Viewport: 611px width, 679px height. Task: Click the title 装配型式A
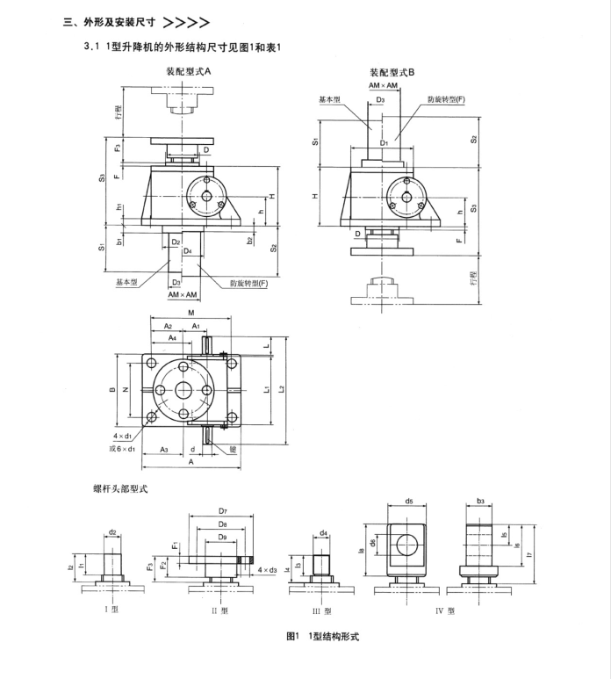190,74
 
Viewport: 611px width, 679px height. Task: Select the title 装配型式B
392,74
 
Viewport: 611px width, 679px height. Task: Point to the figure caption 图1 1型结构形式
323,637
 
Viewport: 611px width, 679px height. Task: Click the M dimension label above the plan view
190,312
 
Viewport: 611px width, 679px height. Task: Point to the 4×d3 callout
268,571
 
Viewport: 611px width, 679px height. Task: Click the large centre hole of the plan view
185,391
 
